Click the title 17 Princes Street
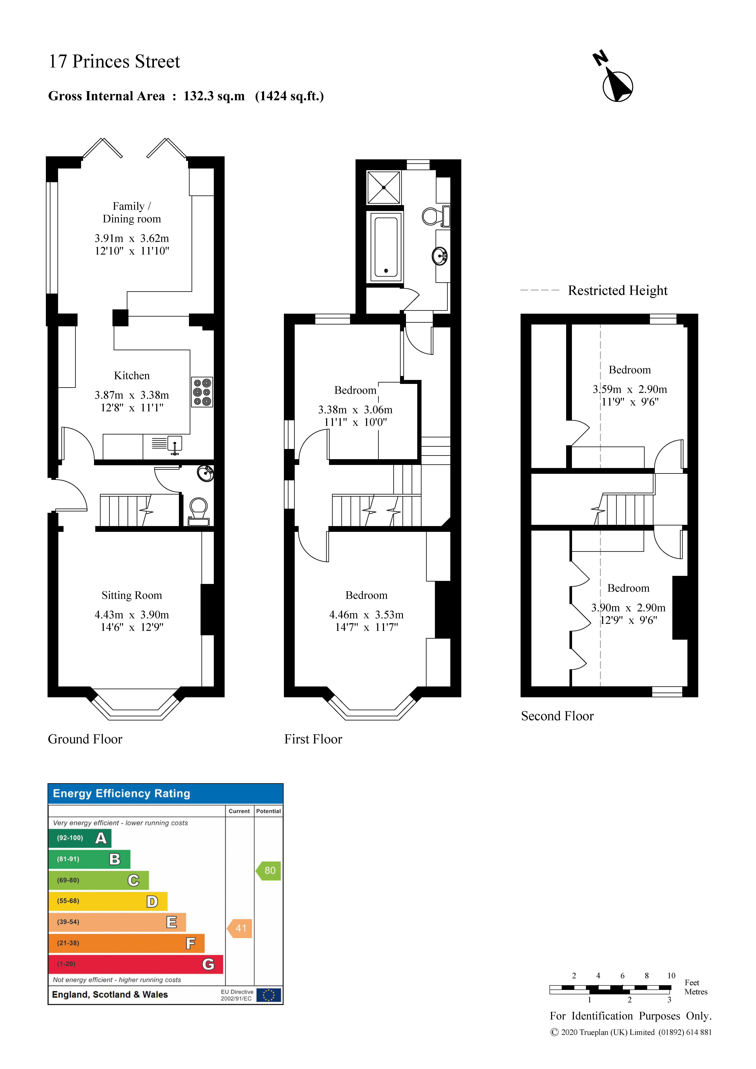coord(114,61)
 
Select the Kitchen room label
coord(132,376)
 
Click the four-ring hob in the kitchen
coord(202,392)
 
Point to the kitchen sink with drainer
coord(168,444)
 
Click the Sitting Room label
coord(132,596)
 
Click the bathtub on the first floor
coord(386,247)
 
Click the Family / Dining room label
coord(132,212)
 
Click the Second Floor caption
coord(557,716)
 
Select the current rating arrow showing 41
coord(240,928)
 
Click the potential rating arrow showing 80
coord(269,871)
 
